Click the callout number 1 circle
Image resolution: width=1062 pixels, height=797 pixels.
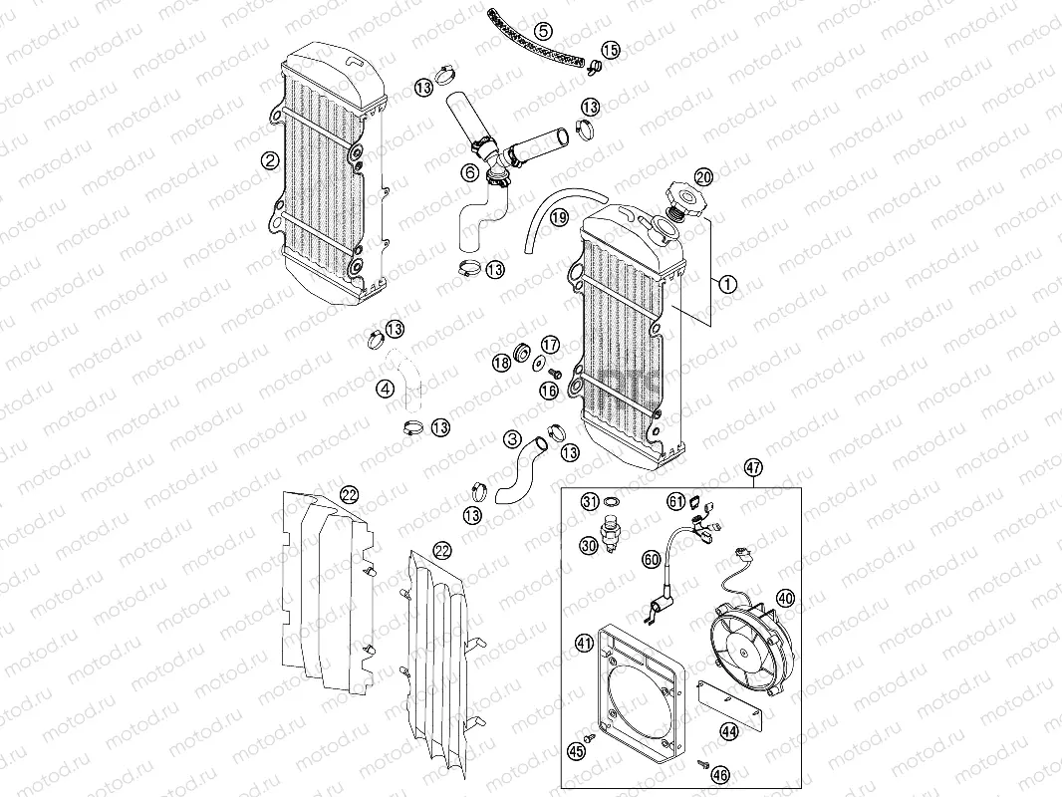[x=727, y=284]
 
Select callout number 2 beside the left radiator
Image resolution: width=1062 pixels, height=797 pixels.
[x=269, y=159]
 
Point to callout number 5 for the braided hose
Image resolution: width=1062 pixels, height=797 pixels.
[x=543, y=31]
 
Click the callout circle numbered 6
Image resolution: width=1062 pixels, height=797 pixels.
[x=469, y=172]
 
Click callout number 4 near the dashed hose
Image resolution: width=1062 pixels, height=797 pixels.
[x=385, y=390]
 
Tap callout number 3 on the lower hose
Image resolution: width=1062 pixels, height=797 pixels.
[x=512, y=438]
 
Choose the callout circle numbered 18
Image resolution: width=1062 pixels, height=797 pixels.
[x=501, y=364]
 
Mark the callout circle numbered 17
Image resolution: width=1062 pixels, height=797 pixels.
[x=550, y=345]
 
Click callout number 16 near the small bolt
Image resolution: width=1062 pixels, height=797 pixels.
[x=548, y=392]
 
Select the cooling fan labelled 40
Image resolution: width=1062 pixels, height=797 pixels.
[x=747, y=643]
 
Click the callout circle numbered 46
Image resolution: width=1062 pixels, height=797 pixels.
[x=722, y=772]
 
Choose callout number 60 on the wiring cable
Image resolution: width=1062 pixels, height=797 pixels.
[x=651, y=560]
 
